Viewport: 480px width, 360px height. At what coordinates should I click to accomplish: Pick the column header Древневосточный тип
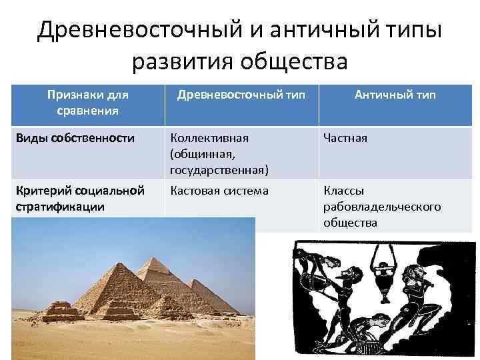(x=241, y=95)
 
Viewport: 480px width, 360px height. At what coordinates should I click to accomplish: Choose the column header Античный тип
(x=395, y=95)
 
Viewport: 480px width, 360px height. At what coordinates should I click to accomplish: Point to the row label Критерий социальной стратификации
(x=79, y=199)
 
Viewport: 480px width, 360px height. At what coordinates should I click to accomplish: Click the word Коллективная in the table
(x=209, y=138)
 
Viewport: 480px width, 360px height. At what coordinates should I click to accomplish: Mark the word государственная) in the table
(x=219, y=170)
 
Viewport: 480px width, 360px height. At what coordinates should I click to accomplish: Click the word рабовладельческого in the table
(x=382, y=207)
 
